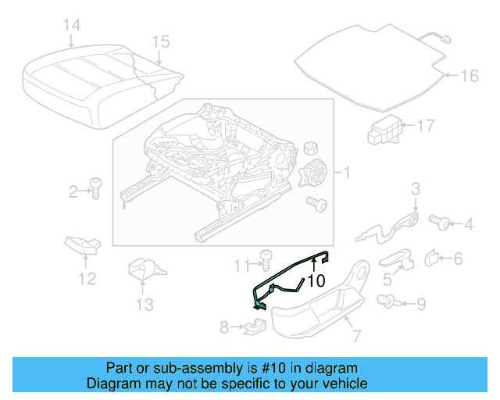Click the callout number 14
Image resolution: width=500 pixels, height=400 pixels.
coord(71,26)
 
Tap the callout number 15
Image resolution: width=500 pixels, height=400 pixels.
coord(160,41)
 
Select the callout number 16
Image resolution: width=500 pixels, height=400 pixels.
coord(469,76)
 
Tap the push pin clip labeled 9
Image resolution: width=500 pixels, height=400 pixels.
coord(386,301)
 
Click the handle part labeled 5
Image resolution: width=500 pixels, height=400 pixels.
coord(398,259)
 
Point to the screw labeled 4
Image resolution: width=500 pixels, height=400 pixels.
coord(441,224)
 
